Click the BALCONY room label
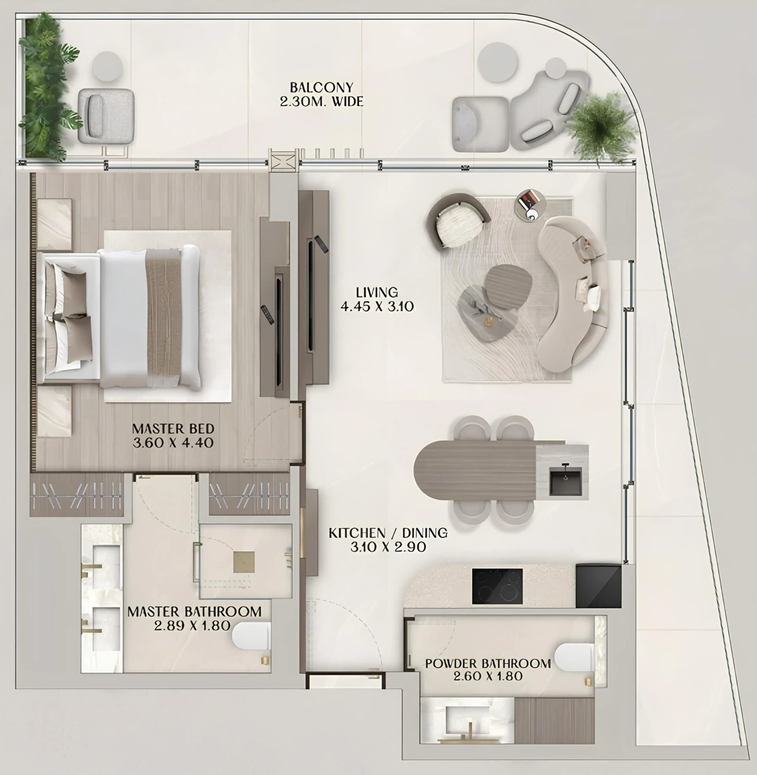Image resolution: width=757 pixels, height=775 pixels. click(321, 88)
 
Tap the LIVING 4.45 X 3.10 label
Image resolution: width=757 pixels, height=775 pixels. click(377, 299)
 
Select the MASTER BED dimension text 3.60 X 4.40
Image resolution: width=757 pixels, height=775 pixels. click(173, 443)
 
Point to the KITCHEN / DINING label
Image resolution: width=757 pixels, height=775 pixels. click(388, 533)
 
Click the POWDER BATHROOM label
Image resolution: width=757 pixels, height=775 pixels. click(488, 663)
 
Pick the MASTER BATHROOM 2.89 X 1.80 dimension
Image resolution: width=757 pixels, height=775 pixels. click(192, 626)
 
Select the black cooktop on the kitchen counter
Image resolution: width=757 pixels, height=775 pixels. click(497, 586)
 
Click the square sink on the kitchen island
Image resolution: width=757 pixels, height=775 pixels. click(565, 481)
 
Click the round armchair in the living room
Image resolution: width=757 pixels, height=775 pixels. click(458, 222)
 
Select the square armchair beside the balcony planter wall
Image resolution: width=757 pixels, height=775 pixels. click(106, 116)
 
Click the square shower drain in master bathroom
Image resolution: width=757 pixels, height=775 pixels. click(244, 562)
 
